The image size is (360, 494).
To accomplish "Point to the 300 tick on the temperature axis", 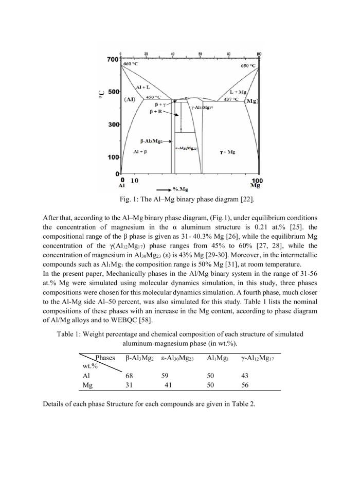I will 112,125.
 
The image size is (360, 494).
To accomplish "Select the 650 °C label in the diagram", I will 248,66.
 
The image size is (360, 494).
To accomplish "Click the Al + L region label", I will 142,89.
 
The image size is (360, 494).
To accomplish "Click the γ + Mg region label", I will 227,152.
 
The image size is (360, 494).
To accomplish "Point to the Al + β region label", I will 140,152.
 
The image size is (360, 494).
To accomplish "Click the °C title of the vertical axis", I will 101,93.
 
